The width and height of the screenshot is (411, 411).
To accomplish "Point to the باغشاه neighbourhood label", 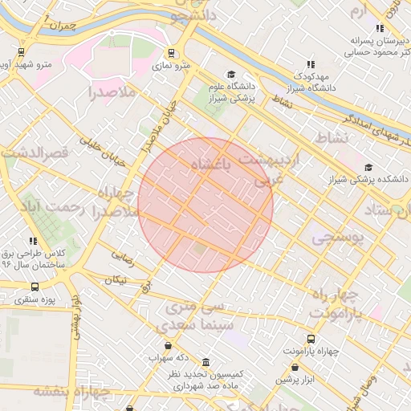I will click(214, 165).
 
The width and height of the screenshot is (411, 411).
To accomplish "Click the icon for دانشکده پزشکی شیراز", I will click(368, 168).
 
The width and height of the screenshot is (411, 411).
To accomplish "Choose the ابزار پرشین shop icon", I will click(283, 377).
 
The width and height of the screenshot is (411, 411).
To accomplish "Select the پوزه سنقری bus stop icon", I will click(34, 287).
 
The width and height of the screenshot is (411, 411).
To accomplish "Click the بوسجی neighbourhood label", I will click(338, 238).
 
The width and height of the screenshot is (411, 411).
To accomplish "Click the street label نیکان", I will click(116, 280).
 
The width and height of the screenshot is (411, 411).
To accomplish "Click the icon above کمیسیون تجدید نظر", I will click(207, 362).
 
